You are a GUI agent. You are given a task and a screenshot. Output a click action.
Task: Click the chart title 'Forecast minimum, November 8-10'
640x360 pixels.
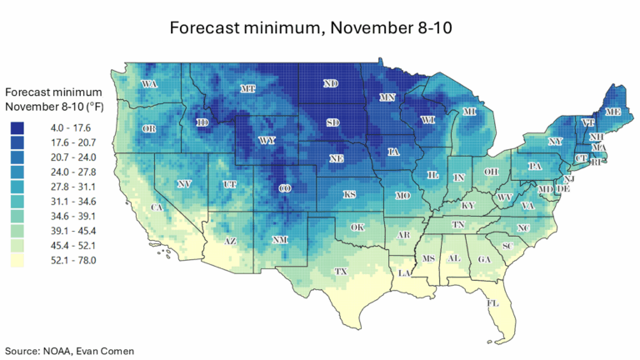point(320,27)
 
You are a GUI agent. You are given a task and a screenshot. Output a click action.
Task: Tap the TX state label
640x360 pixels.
point(340,272)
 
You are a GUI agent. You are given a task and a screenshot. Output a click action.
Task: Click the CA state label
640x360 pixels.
point(156,207)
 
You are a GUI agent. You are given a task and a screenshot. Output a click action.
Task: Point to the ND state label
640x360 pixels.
point(331,84)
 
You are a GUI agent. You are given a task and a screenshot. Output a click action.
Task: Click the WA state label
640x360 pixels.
point(150,84)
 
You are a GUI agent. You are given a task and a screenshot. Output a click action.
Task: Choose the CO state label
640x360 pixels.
point(285,188)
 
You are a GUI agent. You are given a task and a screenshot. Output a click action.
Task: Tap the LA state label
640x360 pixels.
point(404,272)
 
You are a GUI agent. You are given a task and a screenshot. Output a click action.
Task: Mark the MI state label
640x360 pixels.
point(469,112)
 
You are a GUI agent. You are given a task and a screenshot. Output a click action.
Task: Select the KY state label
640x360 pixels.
point(468,205)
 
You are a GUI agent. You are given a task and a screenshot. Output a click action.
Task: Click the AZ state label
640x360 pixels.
point(231,242)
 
